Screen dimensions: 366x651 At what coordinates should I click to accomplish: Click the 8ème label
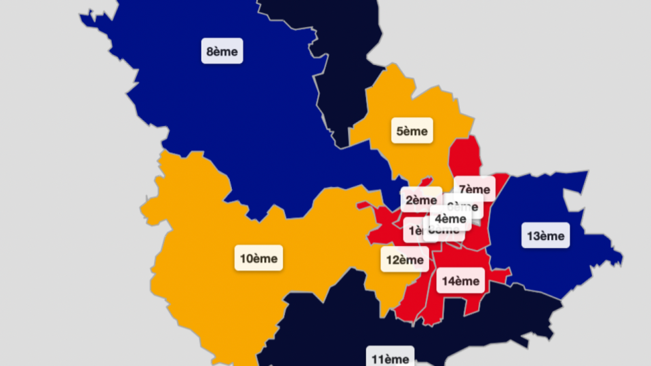point(222,52)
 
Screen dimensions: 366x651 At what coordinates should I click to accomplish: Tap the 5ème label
point(412,130)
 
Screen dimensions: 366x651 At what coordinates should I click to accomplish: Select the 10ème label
point(258,258)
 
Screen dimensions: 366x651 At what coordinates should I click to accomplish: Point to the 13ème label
point(546,236)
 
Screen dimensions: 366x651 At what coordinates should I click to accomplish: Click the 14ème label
point(460,281)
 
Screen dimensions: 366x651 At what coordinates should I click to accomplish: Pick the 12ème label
point(405,260)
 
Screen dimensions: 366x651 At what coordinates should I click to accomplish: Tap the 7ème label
point(474,189)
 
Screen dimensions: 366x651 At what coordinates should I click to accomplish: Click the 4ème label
point(450,218)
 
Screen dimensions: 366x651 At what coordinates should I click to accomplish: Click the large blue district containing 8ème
point(224,122)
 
